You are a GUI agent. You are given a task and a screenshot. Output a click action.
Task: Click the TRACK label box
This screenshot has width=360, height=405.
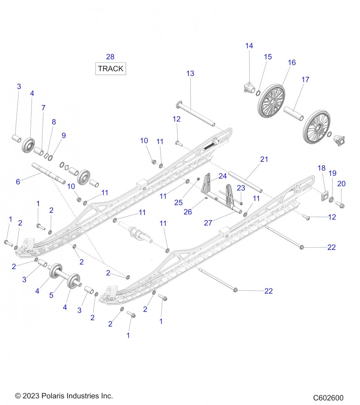click(x=111, y=69)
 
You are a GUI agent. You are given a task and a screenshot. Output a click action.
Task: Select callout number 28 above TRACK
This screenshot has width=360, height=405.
click(x=110, y=57)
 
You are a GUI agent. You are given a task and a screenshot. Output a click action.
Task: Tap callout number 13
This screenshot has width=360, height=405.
click(x=190, y=73)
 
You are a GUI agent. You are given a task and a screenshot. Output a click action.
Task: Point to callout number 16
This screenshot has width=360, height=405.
click(x=292, y=62)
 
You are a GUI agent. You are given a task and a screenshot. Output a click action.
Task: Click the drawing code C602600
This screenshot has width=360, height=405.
click(x=328, y=398)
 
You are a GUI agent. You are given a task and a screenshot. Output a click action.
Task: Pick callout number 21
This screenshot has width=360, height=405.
click(x=264, y=159)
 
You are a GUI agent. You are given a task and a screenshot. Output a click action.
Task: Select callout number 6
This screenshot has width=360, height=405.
click(x=18, y=182)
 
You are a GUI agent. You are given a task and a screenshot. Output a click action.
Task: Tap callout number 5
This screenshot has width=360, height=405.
click(x=51, y=295)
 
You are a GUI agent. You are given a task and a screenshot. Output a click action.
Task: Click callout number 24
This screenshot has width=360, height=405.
click(x=223, y=176)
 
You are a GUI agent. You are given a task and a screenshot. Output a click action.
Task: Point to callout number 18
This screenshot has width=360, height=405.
click(x=322, y=168)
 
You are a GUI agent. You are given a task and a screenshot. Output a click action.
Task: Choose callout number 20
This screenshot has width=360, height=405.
click(x=341, y=184)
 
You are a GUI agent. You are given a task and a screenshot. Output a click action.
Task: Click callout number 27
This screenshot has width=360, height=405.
click(x=208, y=223)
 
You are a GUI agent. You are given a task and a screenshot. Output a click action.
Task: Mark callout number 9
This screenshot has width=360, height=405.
click(x=63, y=135)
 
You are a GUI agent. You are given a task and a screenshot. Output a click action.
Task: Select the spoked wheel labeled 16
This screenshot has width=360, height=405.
click(x=272, y=101)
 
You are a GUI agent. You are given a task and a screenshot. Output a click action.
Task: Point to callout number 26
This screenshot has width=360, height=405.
click(x=188, y=212)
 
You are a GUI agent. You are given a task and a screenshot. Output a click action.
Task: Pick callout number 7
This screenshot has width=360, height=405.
click(x=43, y=108)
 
